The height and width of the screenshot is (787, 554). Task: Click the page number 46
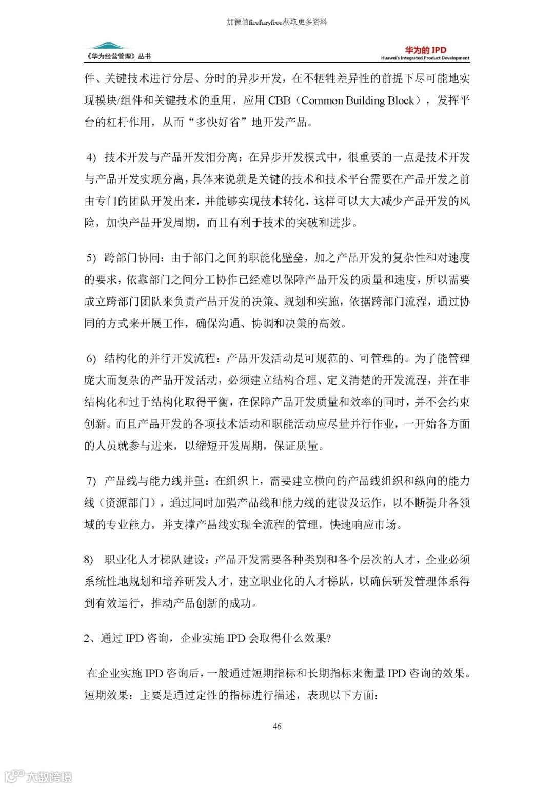(277, 726)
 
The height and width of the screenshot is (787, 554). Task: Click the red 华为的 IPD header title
(425, 50)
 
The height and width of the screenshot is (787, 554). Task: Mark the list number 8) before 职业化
(89, 560)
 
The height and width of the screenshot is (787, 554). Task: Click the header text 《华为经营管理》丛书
(119, 57)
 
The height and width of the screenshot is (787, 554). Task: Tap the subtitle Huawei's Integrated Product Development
(425, 58)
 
